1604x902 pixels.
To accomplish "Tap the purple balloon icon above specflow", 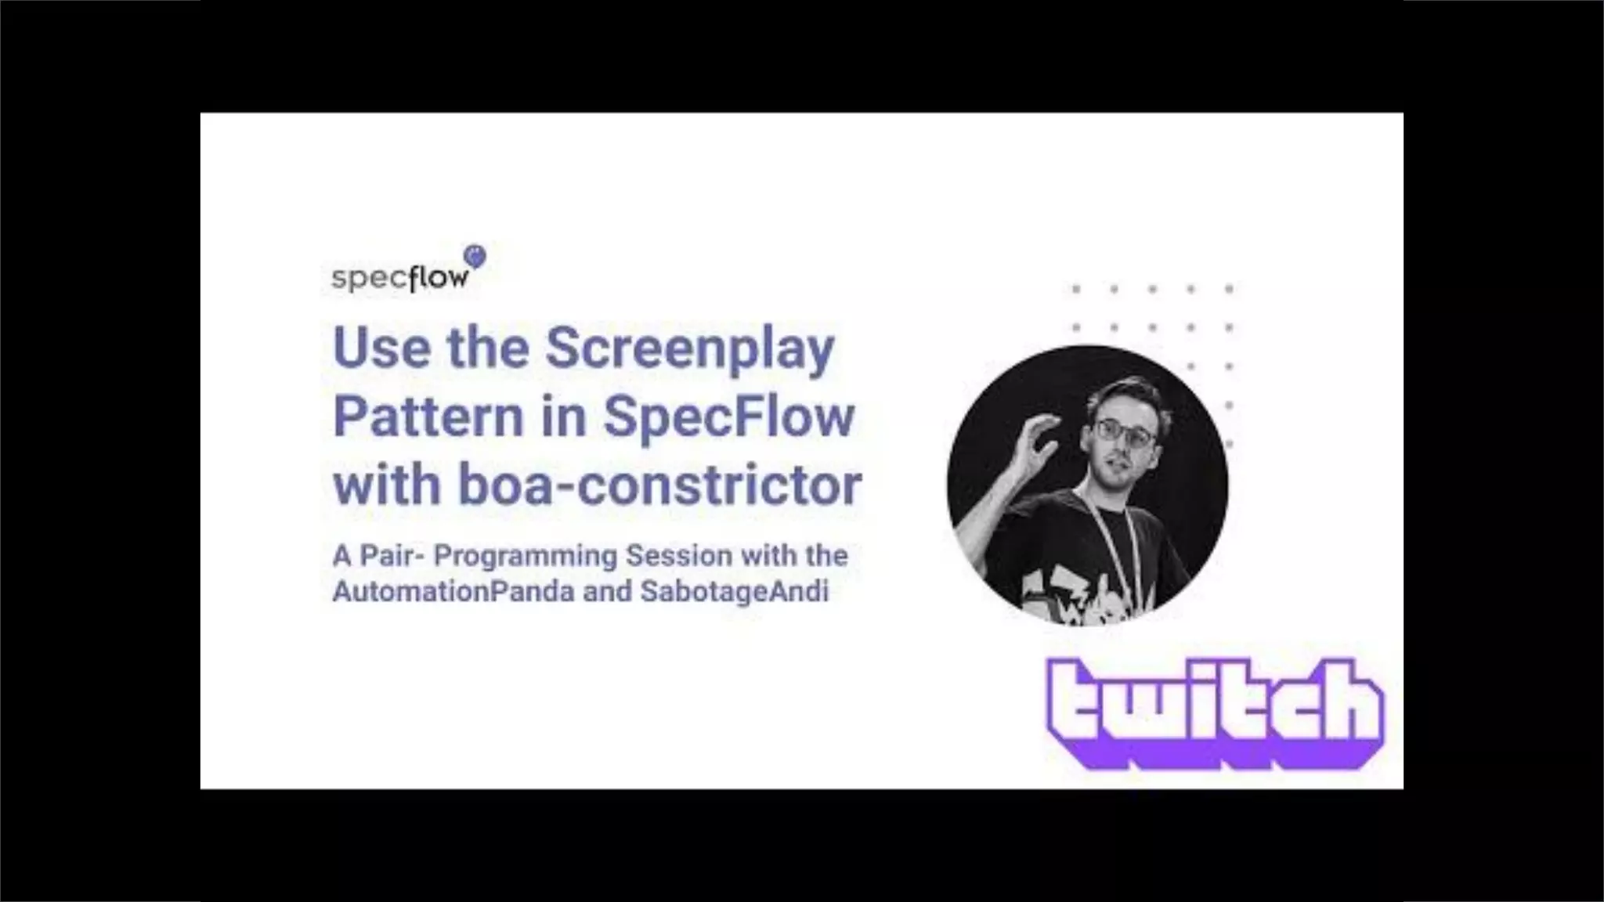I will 475,255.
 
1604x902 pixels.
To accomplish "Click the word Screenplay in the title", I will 689,349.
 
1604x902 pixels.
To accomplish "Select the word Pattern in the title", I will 428,417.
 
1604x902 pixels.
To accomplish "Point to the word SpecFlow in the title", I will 728,417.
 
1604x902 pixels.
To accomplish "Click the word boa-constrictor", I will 659,485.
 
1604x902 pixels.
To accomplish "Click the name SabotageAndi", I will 734,591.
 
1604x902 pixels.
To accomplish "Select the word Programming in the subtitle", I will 526,556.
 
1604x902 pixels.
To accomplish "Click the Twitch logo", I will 1215,712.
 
